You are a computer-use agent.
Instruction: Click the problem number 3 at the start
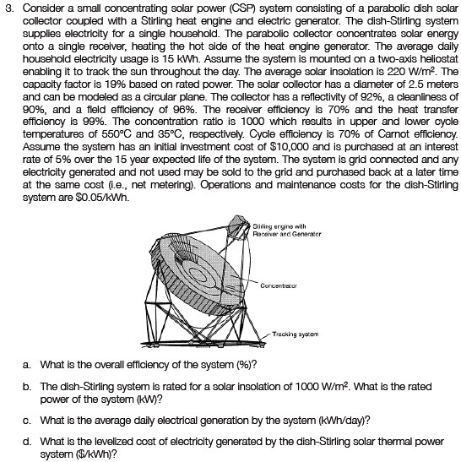click(9, 8)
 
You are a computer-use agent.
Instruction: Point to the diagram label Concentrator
click(279, 285)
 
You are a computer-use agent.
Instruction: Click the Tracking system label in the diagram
click(296, 334)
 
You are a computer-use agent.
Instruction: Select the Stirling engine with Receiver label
click(287, 230)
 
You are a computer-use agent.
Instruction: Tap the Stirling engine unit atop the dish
click(237, 225)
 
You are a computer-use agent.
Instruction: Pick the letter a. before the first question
click(26, 365)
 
